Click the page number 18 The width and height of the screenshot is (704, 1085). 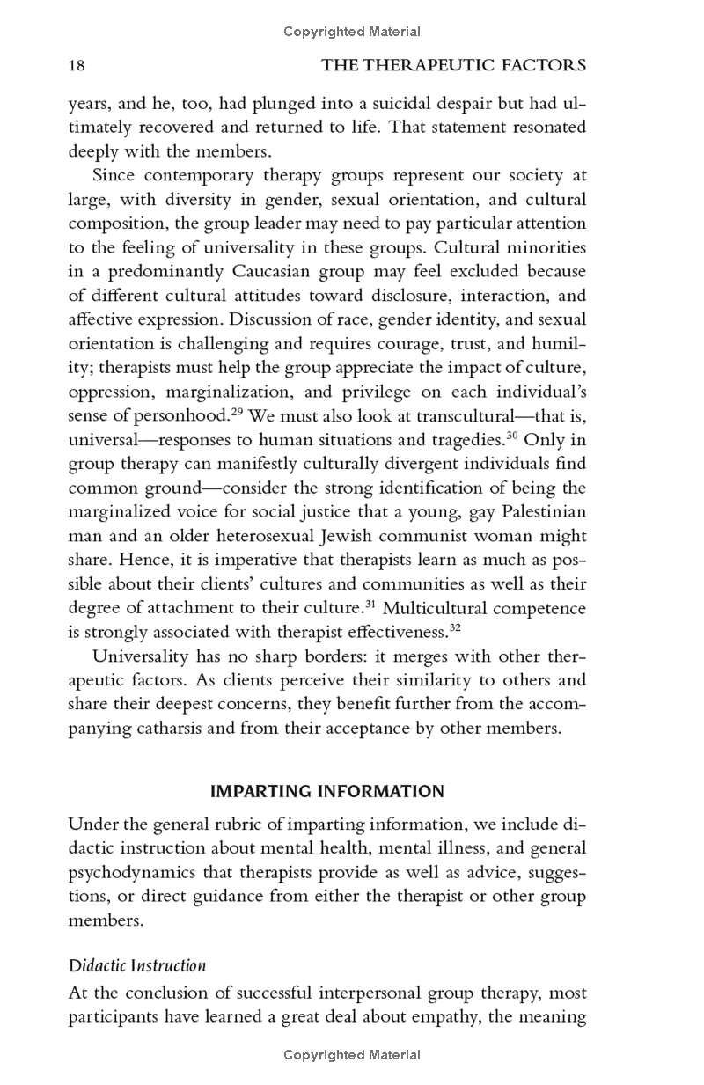[77, 65]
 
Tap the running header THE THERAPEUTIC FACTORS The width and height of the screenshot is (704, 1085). [453, 65]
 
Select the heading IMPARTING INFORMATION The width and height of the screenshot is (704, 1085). [327, 791]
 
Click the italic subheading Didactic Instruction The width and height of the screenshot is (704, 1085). [137, 965]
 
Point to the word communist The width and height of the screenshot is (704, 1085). [442, 536]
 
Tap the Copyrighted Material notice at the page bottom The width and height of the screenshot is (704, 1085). [352, 1054]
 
